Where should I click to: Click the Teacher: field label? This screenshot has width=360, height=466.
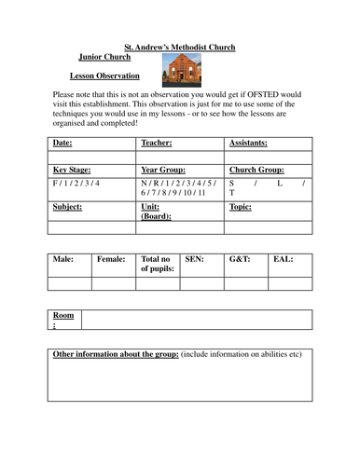pyautogui.click(x=157, y=144)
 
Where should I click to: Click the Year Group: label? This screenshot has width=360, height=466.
pyautogui.click(x=163, y=171)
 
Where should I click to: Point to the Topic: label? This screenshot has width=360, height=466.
pyautogui.click(x=240, y=207)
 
